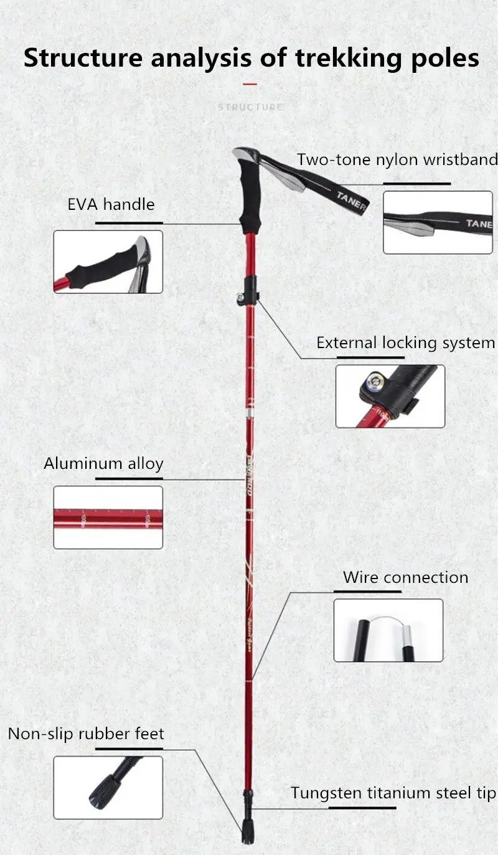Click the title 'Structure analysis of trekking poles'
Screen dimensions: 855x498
(251, 58)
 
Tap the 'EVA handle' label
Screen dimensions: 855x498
(111, 204)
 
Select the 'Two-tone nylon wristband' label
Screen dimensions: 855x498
(397, 159)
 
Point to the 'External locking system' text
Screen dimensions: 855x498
(405, 342)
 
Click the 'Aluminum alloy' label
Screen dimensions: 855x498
(103, 463)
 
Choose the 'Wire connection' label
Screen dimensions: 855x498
(405, 577)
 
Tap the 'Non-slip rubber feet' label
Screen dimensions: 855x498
(86, 734)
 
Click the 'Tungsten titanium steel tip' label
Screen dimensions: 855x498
(393, 793)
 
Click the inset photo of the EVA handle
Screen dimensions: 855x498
(108, 262)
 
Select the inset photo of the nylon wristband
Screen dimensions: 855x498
(438, 222)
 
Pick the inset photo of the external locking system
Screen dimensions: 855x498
(390, 396)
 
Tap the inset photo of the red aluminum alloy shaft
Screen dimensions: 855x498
(108, 517)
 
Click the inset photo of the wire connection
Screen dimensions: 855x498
(388, 630)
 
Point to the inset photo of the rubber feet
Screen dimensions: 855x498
(108, 788)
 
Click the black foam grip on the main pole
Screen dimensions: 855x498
(250, 205)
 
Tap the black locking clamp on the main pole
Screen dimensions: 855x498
(251, 288)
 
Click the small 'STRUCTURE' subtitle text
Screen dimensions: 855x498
(250, 107)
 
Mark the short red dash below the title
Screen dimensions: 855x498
(250, 83)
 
